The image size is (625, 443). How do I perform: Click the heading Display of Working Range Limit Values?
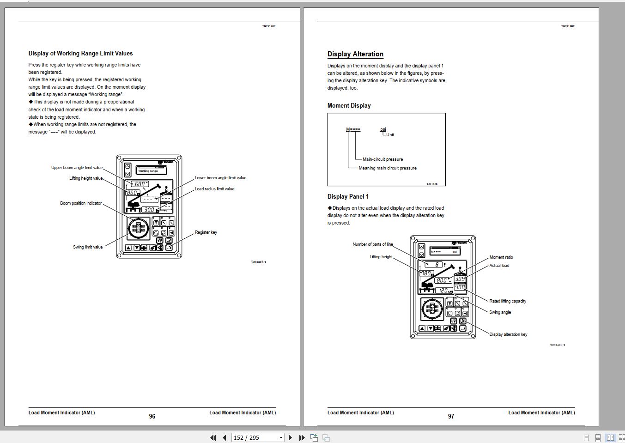80,54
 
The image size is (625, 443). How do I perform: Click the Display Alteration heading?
355,54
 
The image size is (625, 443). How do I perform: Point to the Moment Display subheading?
349,106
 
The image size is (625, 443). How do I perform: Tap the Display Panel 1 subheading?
348,197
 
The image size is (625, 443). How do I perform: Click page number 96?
152,416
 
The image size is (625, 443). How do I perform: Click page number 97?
451,416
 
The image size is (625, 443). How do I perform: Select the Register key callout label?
206,232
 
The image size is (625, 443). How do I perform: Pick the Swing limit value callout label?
88,247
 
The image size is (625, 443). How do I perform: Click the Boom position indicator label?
81,203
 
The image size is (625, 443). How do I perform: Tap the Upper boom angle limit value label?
77,168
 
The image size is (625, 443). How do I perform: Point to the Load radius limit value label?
214,189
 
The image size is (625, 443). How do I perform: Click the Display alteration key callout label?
508,334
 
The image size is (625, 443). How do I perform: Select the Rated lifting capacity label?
508,301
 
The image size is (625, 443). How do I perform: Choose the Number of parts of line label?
373,244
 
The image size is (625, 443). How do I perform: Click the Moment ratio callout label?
501,257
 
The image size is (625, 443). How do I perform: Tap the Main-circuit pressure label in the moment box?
382,159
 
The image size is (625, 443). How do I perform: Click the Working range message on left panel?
148,171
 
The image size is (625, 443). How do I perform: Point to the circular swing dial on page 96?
139,228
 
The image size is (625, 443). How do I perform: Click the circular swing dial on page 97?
432,309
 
